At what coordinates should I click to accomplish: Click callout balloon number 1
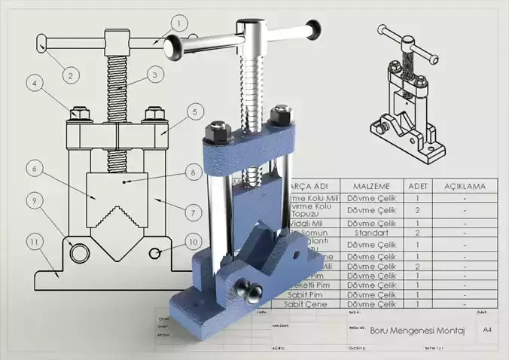(178, 23)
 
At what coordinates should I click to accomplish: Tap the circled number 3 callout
(154, 75)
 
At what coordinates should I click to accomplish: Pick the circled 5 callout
(194, 112)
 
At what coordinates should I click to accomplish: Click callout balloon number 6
(35, 170)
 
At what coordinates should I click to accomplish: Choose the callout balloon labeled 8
(194, 172)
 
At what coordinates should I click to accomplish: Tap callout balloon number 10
(194, 242)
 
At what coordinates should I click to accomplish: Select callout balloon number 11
(35, 242)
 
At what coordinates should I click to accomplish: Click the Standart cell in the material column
(371, 233)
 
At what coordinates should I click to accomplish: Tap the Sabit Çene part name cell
(308, 304)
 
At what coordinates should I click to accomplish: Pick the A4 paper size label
(487, 329)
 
